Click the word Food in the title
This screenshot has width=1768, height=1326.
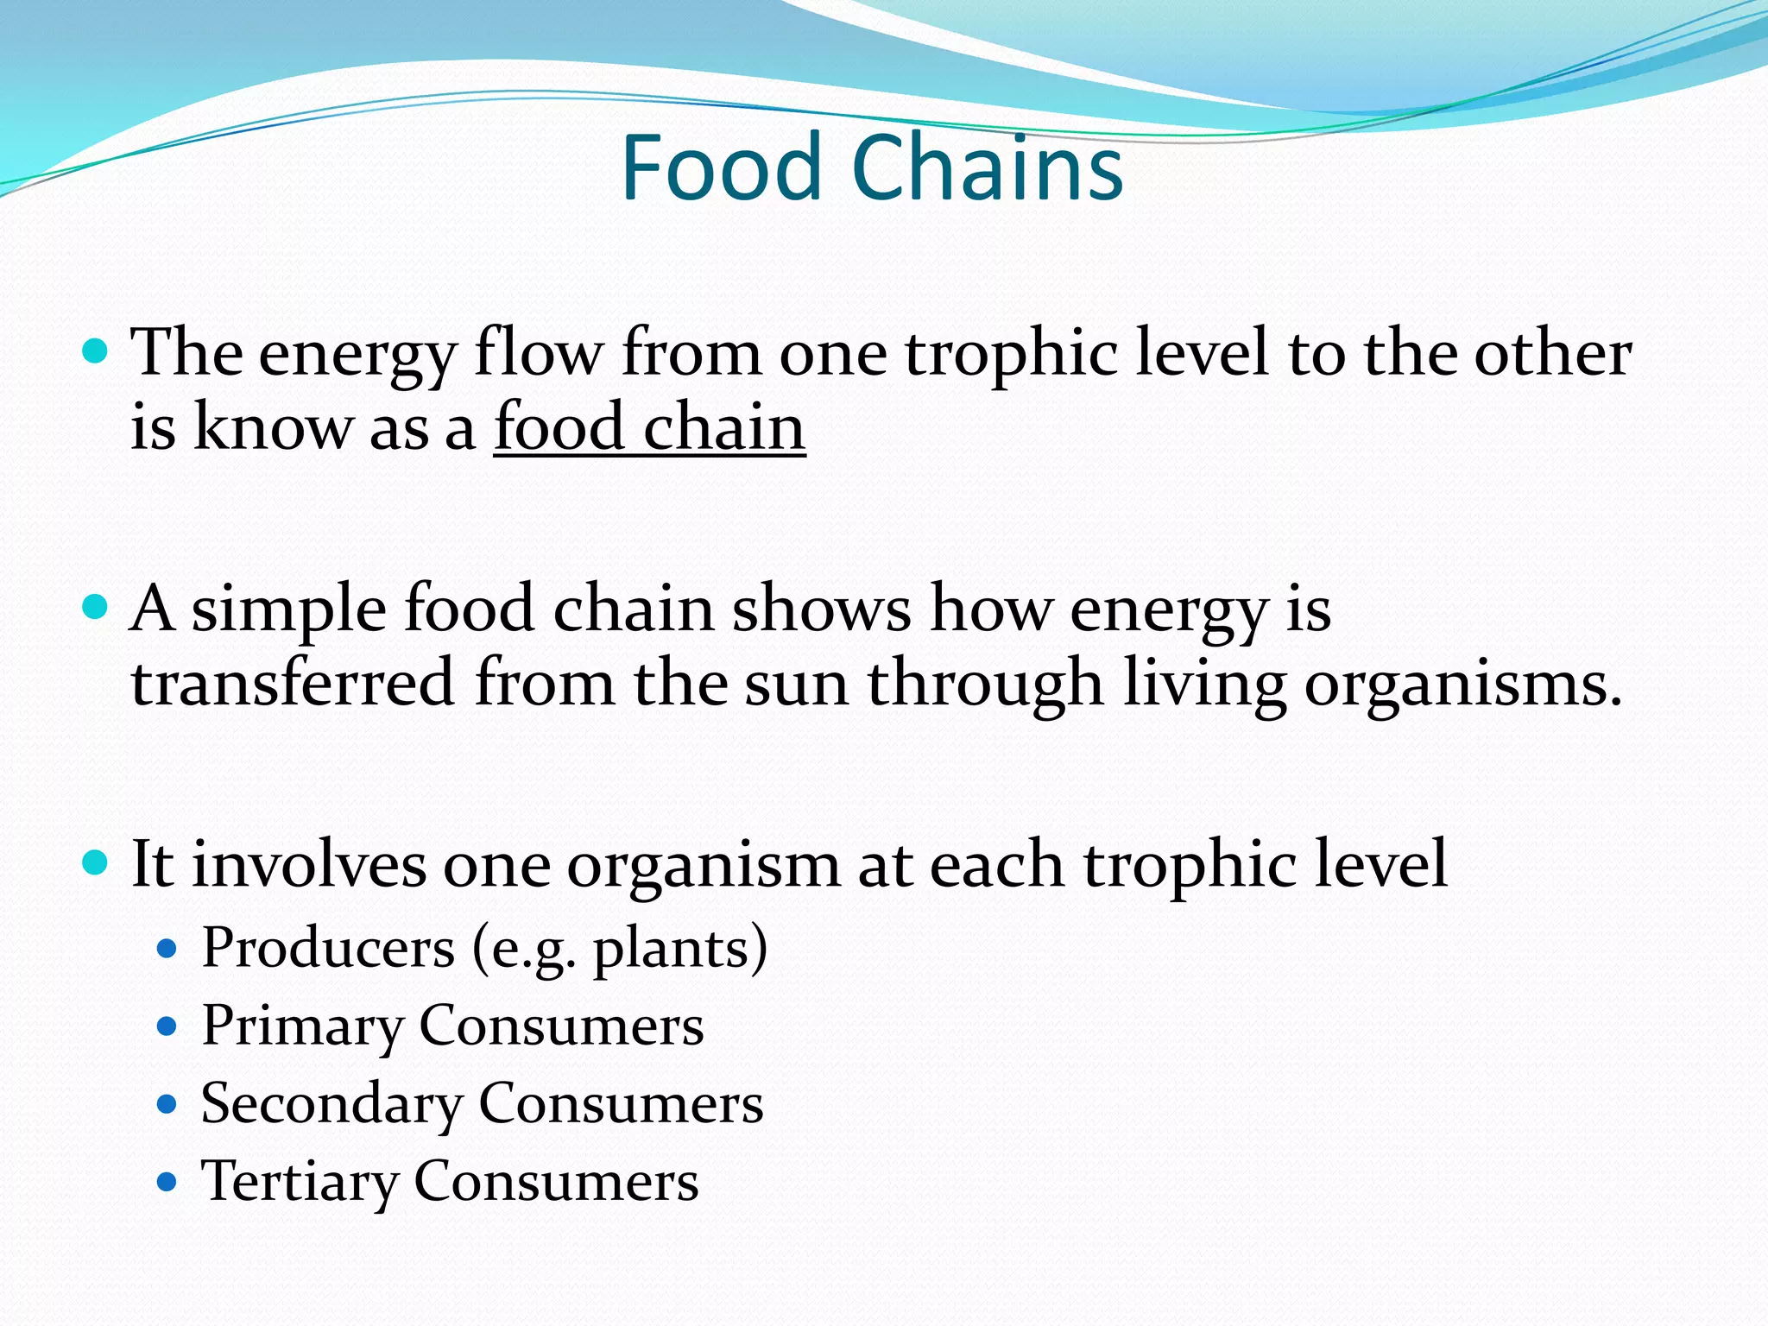point(721,168)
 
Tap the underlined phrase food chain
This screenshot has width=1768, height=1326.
point(649,427)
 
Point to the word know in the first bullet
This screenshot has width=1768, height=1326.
point(273,427)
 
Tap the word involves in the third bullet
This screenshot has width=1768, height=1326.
point(308,864)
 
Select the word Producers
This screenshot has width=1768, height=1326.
point(328,949)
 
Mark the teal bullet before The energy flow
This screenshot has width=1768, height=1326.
point(95,351)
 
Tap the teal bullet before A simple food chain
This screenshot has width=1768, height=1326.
point(95,607)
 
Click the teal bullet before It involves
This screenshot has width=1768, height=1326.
point(95,862)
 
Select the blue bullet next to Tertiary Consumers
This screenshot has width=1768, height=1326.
point(167,1182)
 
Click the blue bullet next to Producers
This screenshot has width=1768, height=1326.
point(167,950)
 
